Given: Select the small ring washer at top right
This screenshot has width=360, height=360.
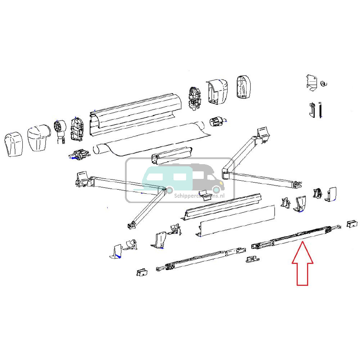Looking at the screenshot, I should (x=323, y=84).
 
